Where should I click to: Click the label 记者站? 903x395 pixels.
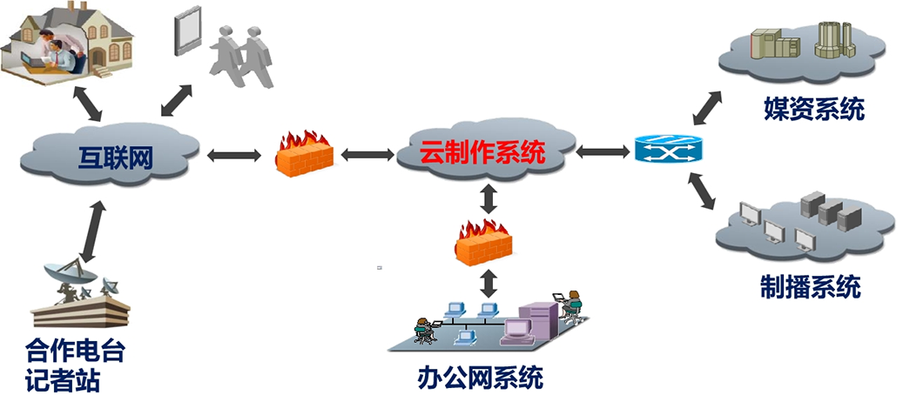58,379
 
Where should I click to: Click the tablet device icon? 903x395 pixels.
189,33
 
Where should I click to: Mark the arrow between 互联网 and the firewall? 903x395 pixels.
233,156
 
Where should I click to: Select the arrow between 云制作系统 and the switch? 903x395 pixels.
603,151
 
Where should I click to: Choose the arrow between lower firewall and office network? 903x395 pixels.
489,280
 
